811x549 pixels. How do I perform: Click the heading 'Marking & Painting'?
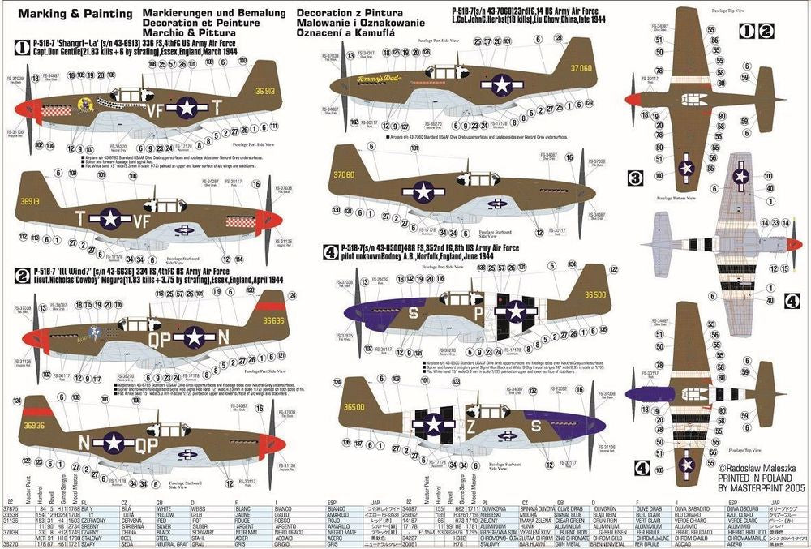point(71,14)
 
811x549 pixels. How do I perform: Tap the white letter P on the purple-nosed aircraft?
point(478,313)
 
